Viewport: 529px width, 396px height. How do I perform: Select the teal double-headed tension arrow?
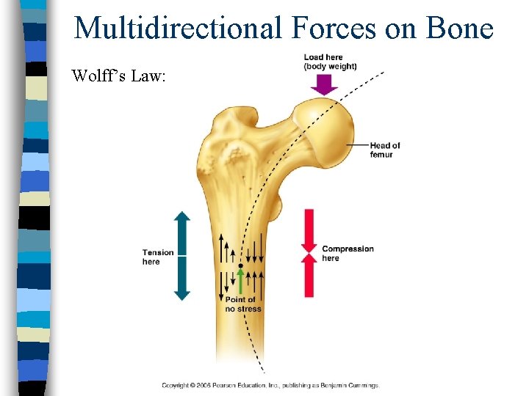182,256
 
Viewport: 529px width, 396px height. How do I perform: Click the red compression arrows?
309,253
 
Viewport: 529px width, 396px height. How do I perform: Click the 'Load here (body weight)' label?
330,62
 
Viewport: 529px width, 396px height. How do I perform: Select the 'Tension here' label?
158,257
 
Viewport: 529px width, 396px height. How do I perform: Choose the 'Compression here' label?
348,253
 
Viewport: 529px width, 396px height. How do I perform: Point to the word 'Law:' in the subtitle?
149,76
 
